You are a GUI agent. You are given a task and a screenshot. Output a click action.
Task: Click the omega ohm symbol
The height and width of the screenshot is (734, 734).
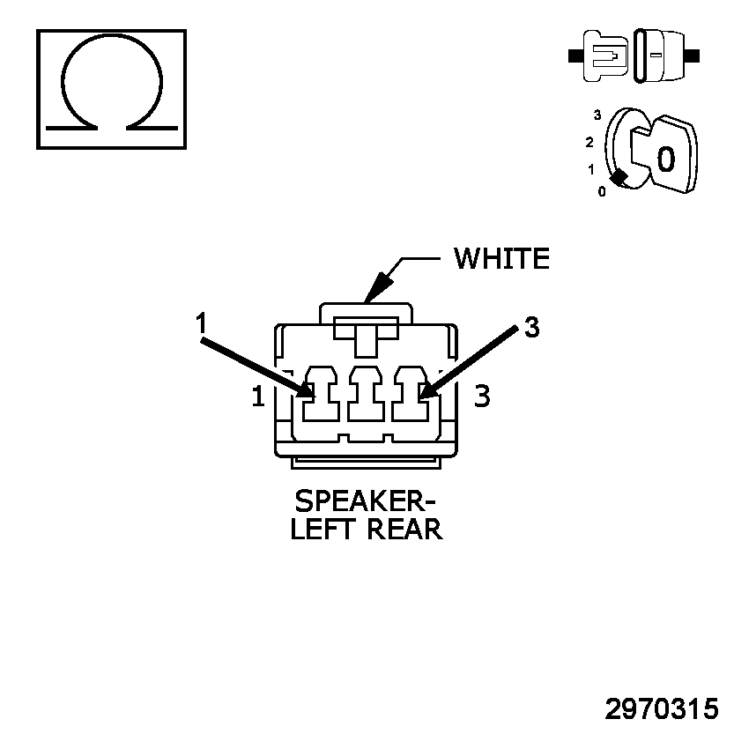tap(111, 88)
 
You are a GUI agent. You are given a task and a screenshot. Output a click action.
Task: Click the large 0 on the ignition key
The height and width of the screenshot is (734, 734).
tap(666, 159)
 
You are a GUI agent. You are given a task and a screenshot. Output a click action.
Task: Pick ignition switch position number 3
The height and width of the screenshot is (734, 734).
tap(597, 115)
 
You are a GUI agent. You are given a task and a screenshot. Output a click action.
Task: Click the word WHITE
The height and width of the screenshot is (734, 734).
tap(501, 258)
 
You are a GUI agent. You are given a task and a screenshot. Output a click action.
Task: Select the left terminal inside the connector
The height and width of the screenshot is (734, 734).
tap(319, 396)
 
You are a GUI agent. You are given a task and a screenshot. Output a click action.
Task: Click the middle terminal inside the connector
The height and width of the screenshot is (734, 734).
tap(365, 396)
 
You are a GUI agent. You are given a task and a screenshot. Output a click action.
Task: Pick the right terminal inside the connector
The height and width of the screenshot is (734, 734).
tap(411, 396)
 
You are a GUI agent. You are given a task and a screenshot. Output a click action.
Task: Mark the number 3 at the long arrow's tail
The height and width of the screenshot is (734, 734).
tap(530, 328)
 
